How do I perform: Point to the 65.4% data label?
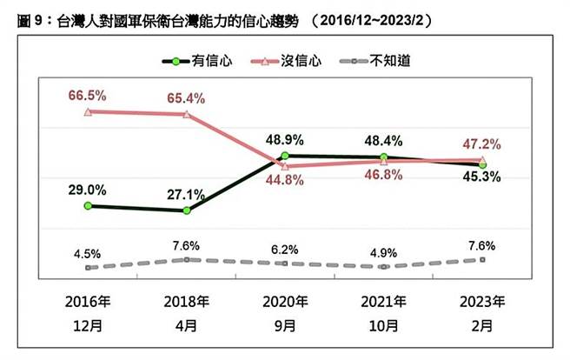(x=186, y=97)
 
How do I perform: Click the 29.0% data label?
(x=89, y=189)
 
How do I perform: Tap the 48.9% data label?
(x=286, y=138)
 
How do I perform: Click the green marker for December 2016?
(x=87, y=206)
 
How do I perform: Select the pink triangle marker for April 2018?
(x=186, y=115)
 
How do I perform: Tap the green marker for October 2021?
(x=384, y=157)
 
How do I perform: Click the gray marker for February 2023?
(x=483, y=260)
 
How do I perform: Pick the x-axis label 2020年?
(x=285, y=303)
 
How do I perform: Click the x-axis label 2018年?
(x=186, y=303)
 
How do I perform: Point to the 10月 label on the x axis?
(x=384, y=327)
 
